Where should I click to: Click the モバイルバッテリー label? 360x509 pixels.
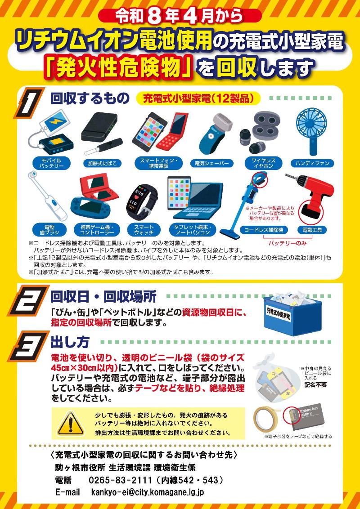(49, 163)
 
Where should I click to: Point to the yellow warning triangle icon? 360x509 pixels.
(69, 423)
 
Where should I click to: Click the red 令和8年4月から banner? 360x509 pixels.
(179, 16)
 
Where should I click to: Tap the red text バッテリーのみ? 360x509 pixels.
(287, 243)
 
